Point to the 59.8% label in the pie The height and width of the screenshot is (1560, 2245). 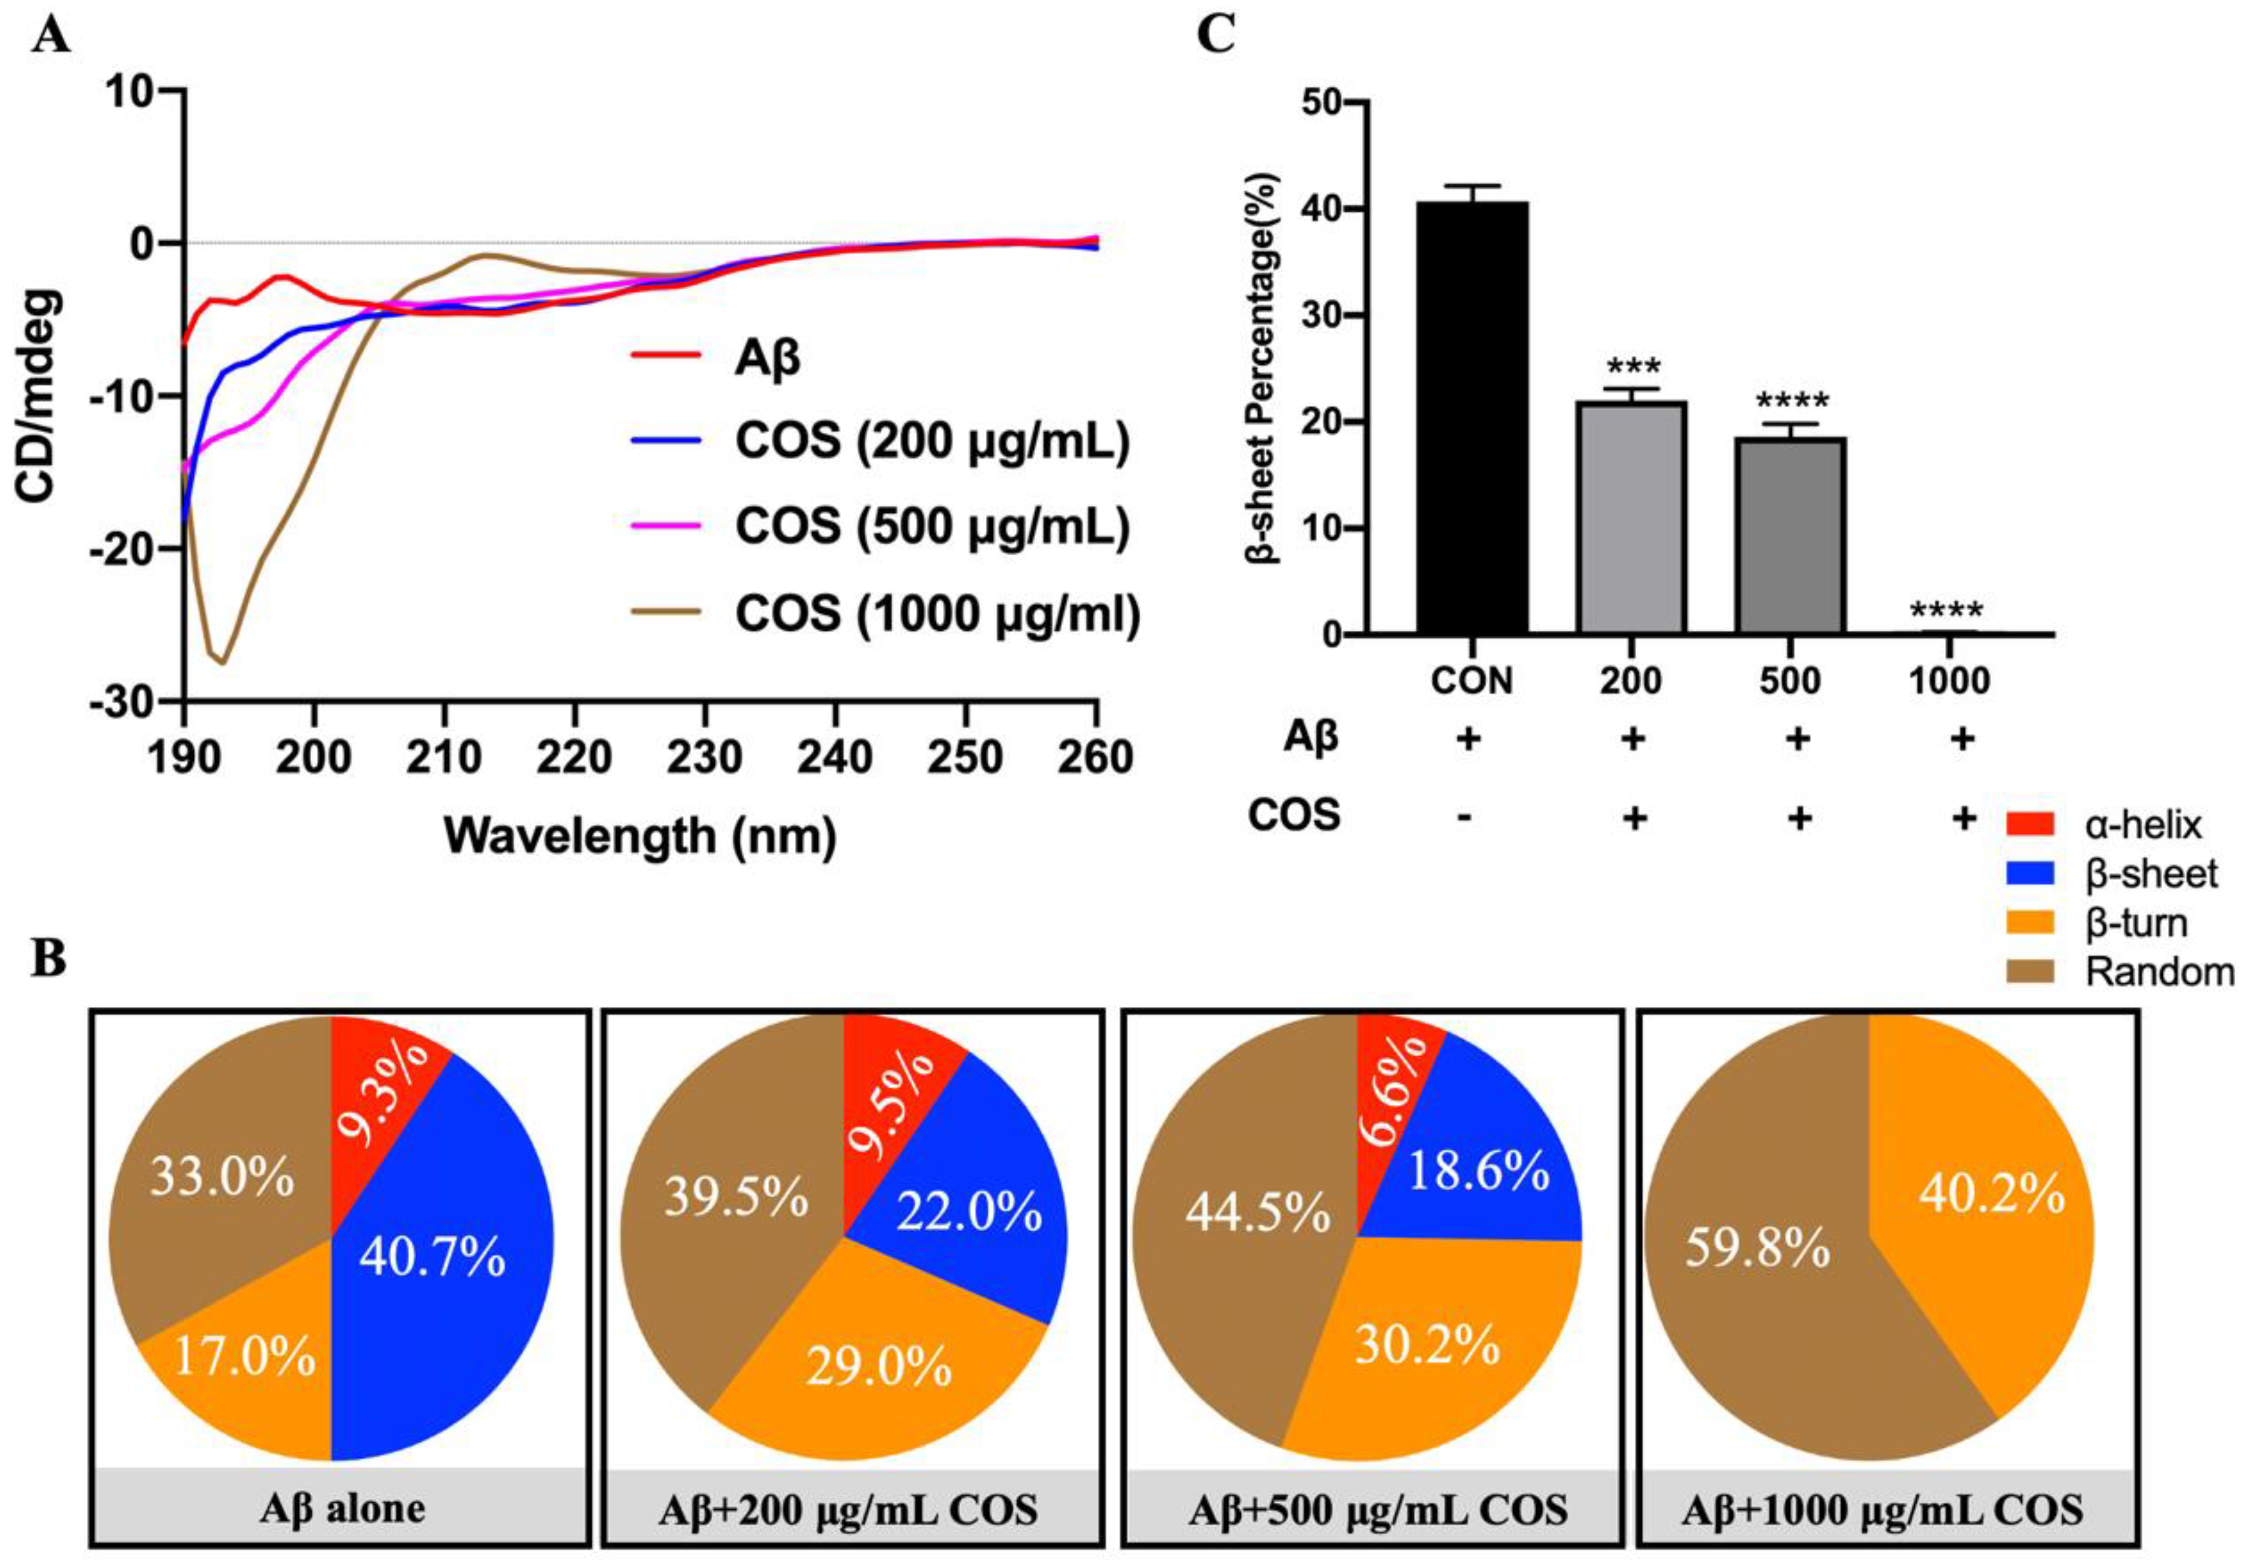point(1756,1249)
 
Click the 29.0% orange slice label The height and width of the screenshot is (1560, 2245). point(879,1367)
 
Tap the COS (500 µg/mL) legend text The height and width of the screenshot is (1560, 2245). point(932,526)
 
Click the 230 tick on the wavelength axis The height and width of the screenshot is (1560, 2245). point(705,758)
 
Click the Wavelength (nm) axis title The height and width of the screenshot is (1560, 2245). point(640,837)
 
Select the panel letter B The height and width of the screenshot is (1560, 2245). point(49,959)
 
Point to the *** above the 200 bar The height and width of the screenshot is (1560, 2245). point(1632,368)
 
